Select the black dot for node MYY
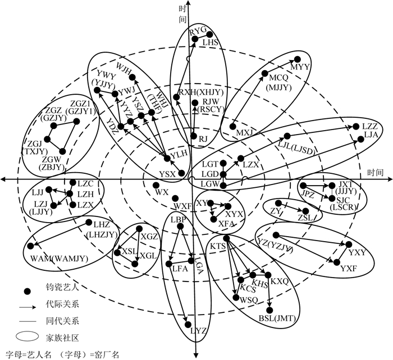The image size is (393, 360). pos(298,59)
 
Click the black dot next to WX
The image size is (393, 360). pos(155,185)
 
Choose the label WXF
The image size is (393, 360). pos(182,206)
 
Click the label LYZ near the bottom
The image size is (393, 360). pos(199,331)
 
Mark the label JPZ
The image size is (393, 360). pos(308,194)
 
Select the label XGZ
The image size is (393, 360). pos(149,237)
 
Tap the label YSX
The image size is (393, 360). pos(167,174)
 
